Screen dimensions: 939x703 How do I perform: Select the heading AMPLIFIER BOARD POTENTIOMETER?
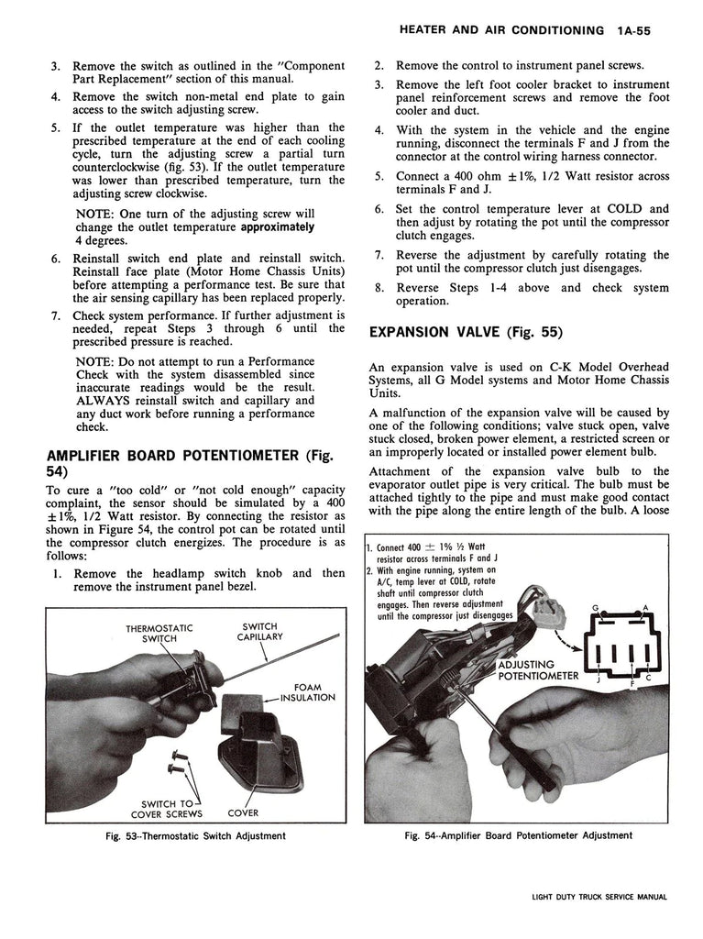(x=169, y=455)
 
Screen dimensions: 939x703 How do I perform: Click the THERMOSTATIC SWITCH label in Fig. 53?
(x=160, y=634)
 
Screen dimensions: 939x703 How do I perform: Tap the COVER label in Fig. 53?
(x=243, y=812)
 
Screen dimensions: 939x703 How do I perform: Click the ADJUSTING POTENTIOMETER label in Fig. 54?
(x=538, y=670)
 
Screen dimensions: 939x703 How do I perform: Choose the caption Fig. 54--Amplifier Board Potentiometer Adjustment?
(x=519, y=835)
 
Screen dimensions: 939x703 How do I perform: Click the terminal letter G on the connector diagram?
(x=595, y=608)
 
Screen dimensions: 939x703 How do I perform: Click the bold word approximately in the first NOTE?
(x=272, y=226)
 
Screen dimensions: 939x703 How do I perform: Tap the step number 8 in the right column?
(x=379, y=287)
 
